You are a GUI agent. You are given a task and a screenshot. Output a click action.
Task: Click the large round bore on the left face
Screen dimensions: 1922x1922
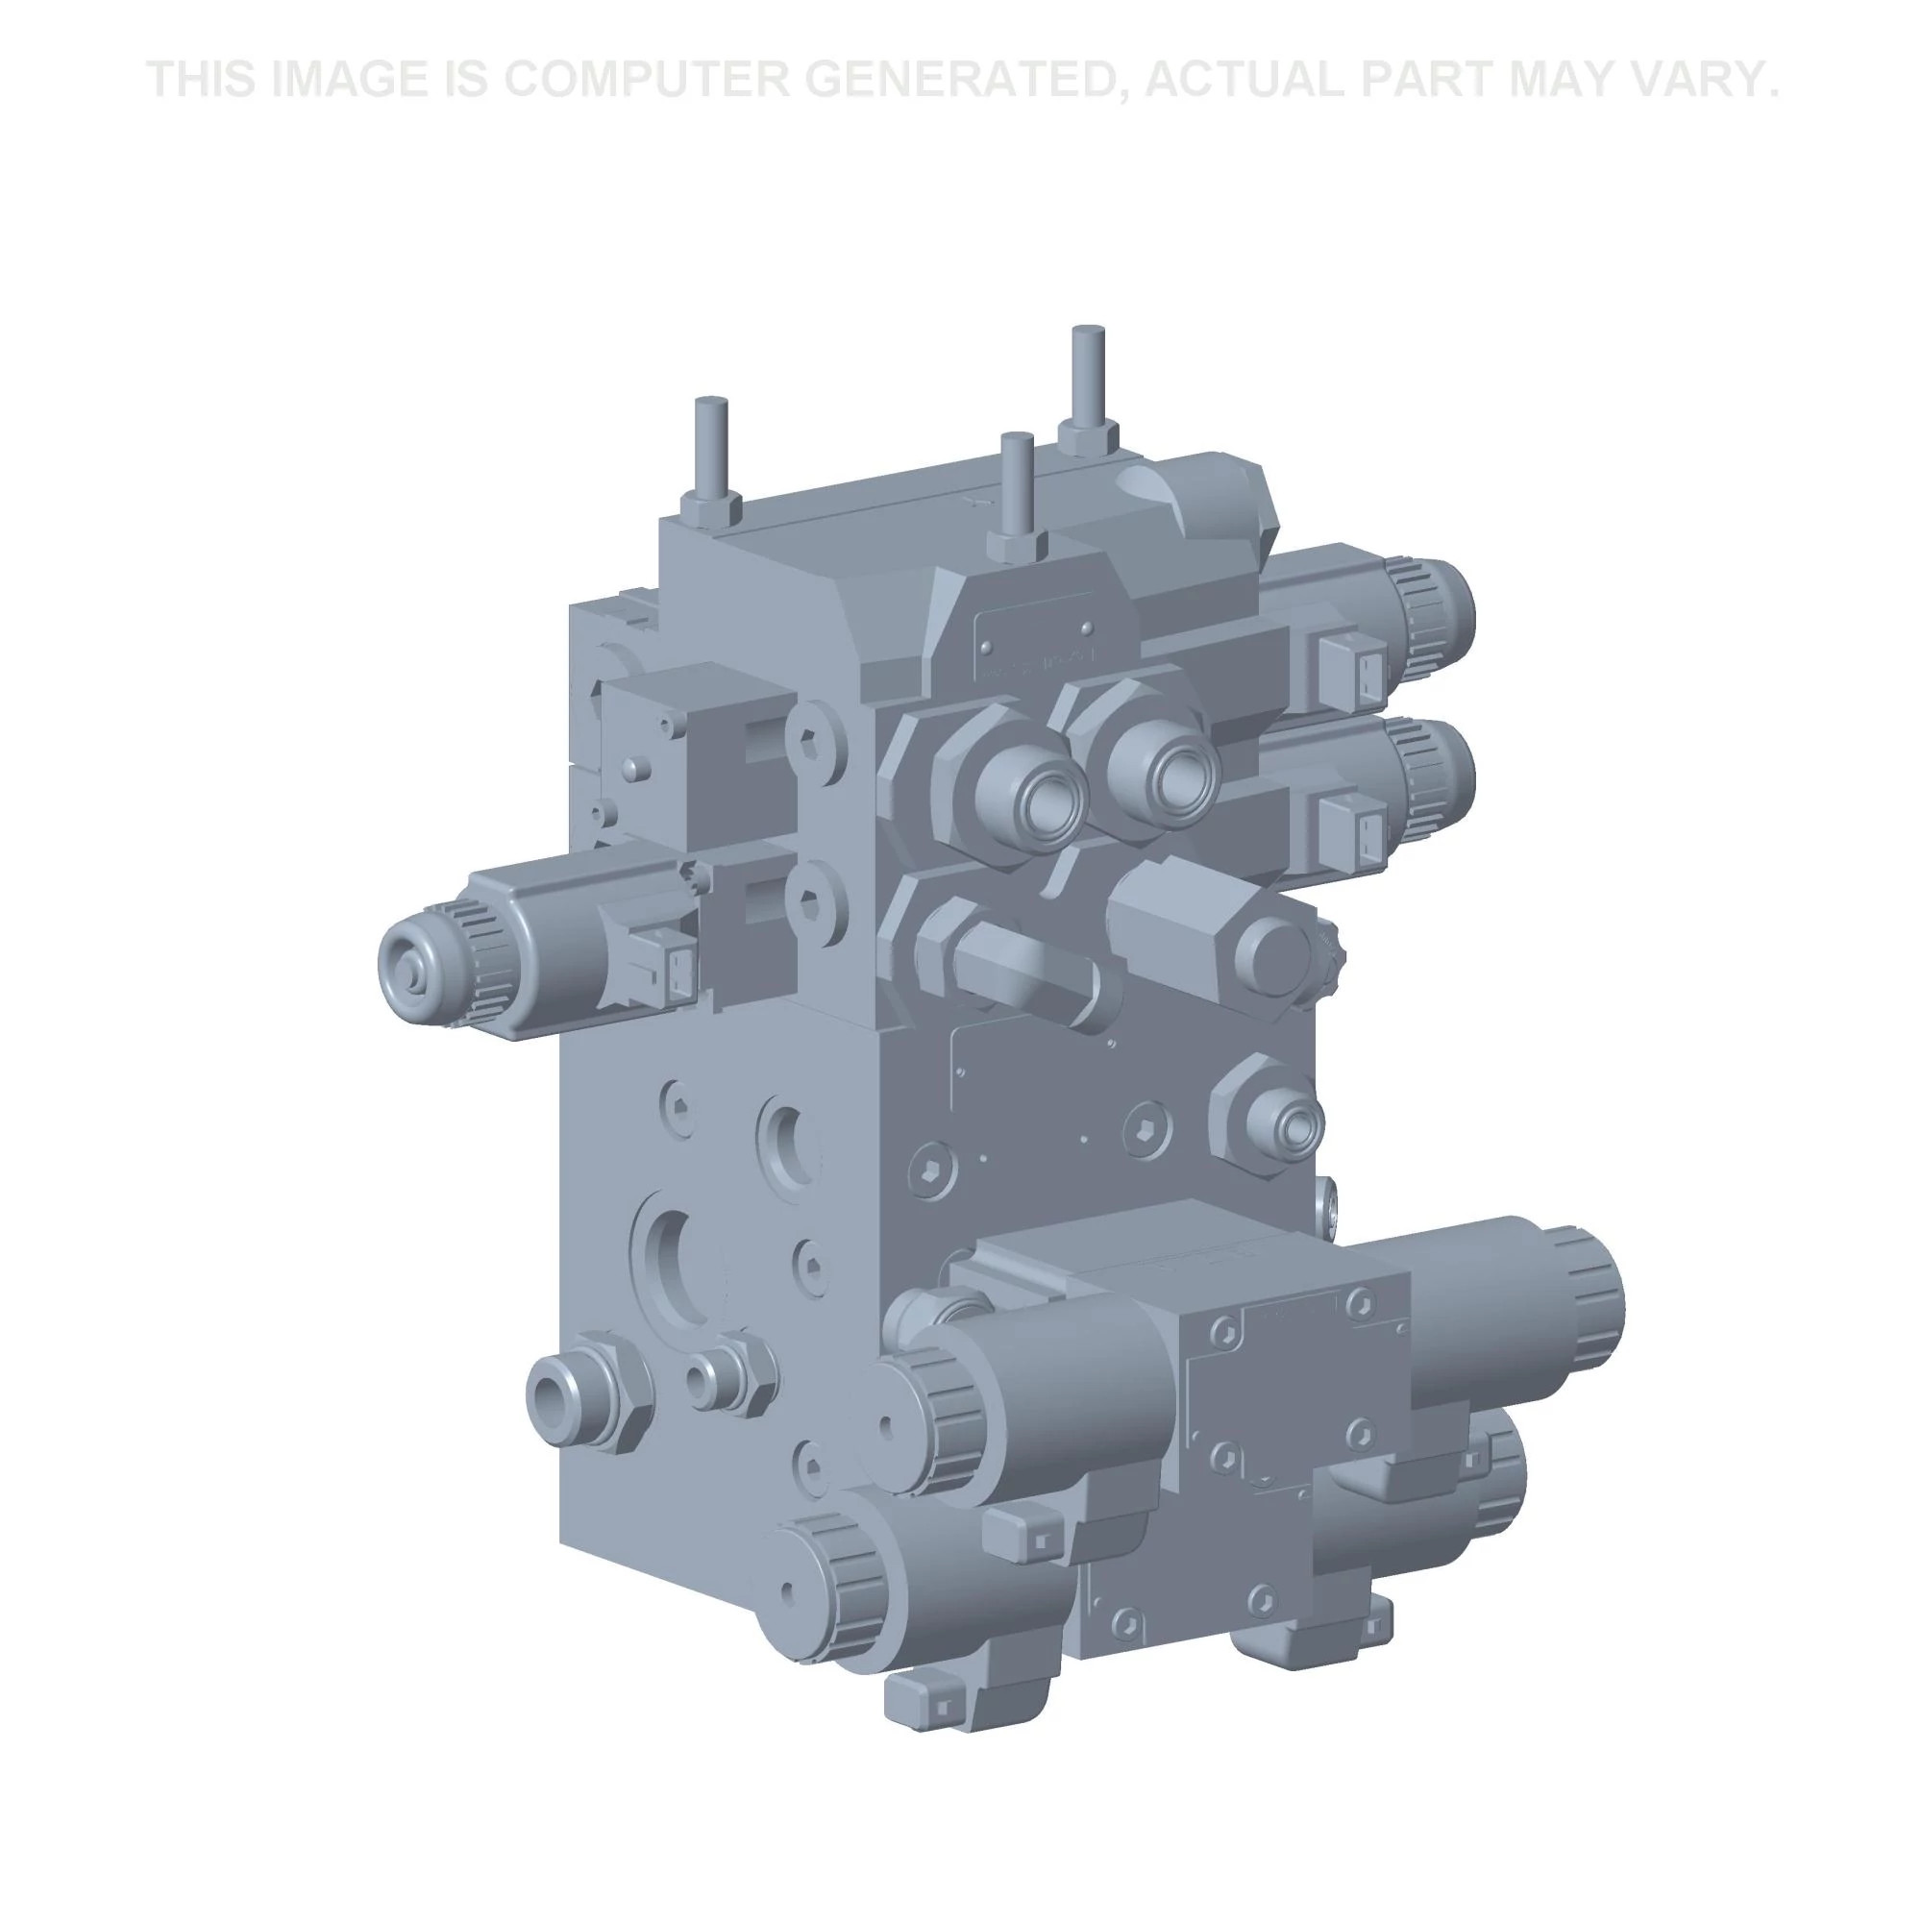pyautogui.click(x=681, y=1264)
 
